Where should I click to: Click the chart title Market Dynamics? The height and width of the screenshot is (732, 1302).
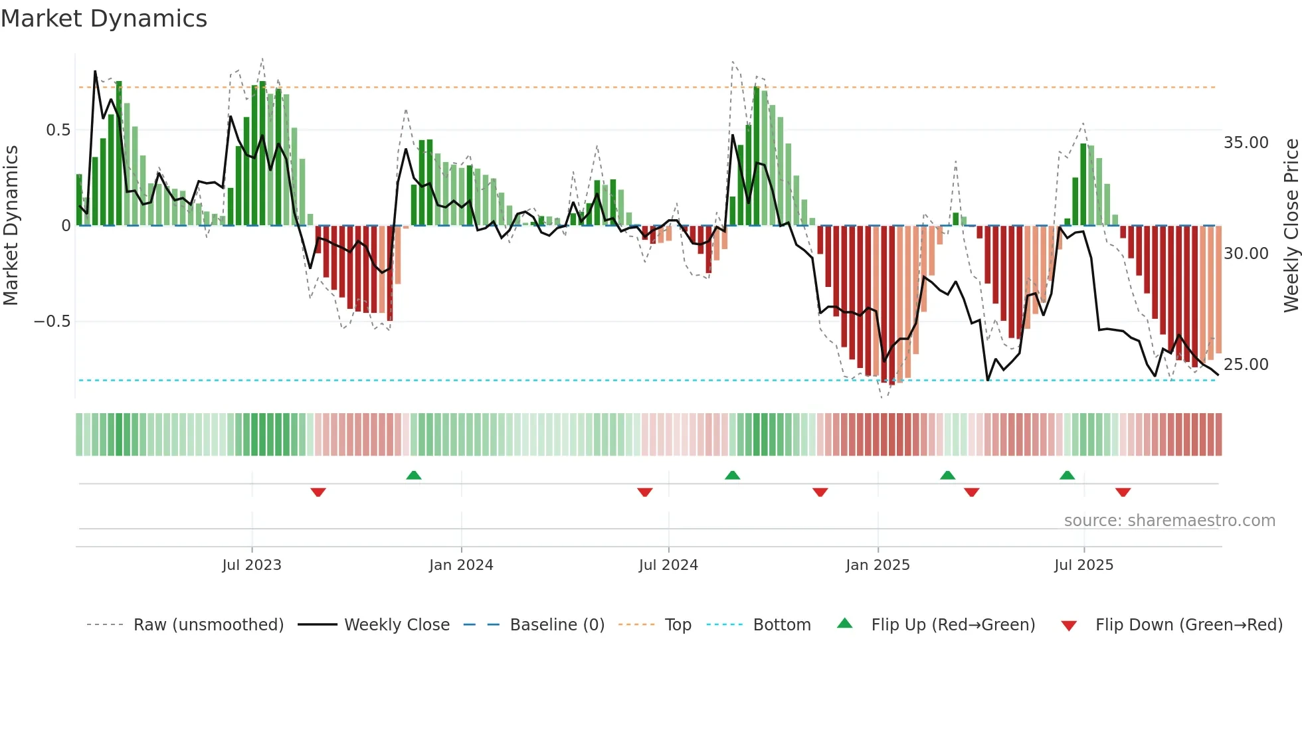(104, 19)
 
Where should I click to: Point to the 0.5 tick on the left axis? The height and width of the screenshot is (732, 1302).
(58, 130)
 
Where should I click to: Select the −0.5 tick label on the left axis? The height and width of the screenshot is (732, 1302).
(52, 321)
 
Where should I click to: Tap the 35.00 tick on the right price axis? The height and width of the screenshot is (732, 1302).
(1246, 143)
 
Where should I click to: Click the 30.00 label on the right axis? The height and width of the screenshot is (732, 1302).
(1246, 254)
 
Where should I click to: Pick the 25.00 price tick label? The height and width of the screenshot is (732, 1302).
(1246, 365)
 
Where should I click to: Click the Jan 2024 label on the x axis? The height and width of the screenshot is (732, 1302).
(461, 565)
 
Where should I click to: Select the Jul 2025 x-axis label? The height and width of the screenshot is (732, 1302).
(1083, 565)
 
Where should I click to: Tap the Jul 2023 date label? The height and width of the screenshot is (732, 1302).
(252, 565)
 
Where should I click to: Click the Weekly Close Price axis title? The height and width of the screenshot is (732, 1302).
(1291, 226)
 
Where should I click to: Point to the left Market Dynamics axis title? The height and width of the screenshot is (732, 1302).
(11, 226)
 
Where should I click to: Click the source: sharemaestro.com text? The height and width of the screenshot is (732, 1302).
(1169, 521)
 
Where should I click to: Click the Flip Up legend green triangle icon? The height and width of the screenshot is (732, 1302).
(844, 624)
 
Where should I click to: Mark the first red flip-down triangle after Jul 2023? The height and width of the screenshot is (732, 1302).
(318, 492)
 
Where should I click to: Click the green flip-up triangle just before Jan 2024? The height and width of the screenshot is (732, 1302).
(414, 475)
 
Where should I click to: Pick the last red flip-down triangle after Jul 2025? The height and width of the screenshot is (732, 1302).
(1123, 492)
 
